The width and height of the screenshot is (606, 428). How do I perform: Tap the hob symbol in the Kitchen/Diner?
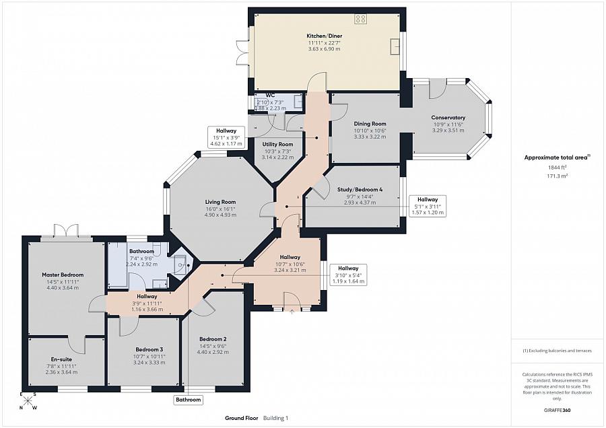(361, 19)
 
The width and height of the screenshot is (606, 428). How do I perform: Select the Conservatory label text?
(448, 118)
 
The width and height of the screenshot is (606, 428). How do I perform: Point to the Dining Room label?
(370, 124)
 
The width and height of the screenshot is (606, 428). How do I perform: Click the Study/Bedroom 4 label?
(360, 190)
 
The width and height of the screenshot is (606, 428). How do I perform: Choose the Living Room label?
(220, 202)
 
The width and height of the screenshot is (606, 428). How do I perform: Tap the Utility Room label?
(277, 145)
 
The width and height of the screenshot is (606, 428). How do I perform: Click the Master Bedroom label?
(62, 275)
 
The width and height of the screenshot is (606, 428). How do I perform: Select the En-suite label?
(61, 359)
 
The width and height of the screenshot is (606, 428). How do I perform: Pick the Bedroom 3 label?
(149, 350)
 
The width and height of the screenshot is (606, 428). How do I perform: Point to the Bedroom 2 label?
(212, 338)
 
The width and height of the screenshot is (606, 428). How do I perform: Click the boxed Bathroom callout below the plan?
(189, 400)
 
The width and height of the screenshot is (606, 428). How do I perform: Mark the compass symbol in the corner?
(28, 402)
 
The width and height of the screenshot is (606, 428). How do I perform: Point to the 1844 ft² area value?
(556, 167)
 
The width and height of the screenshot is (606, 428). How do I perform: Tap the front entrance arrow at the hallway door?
(292, 311)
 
